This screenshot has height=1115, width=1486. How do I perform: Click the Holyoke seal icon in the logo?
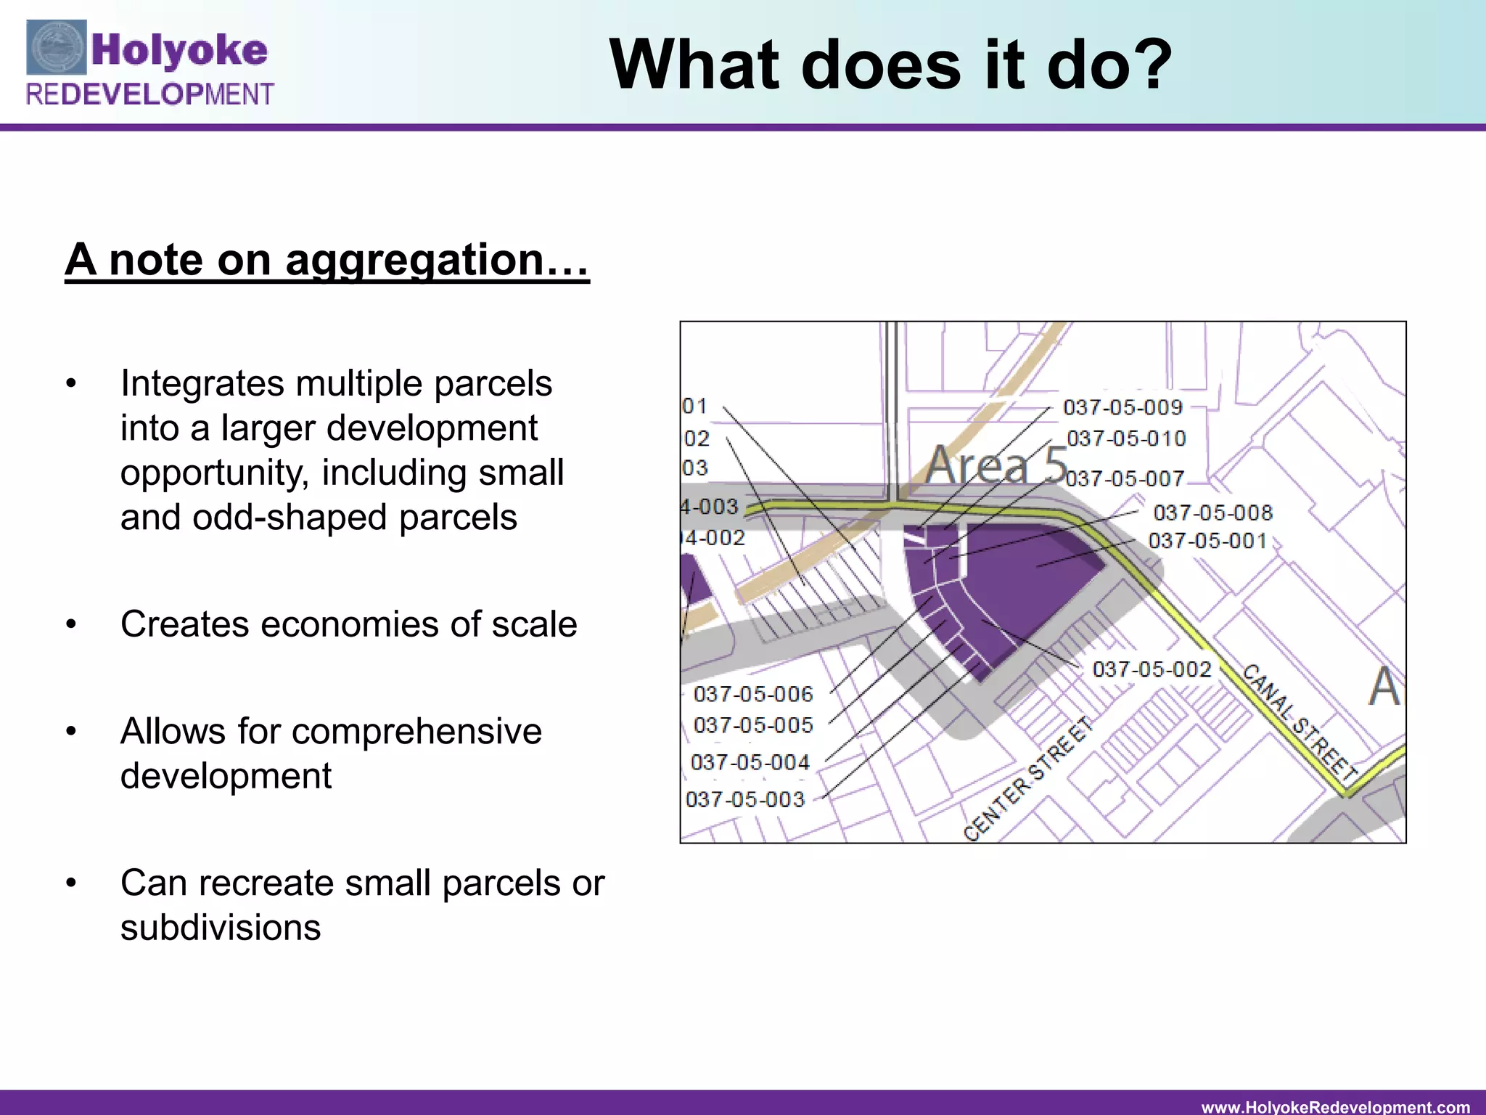tap(57, 48)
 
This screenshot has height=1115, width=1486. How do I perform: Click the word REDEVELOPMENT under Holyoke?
tap(149, 94)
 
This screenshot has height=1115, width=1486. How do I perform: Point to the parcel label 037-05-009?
tap(1122, 407)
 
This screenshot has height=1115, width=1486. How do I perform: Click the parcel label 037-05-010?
tap(1126, 438)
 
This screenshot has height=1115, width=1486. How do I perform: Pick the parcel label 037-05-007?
tap(1125, 478)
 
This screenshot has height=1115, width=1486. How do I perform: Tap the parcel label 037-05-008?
tap(1212, 513)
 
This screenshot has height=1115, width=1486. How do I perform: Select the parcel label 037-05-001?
tap(1207, 541)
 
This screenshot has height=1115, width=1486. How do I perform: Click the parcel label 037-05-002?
tap(1152, 669)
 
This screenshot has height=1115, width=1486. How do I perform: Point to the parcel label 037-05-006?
tap(753, 694)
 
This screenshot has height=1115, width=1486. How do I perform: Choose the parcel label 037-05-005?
tap(753, 724)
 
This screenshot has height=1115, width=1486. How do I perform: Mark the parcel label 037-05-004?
tap(750, 762)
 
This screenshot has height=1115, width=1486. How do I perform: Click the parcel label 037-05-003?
tap(745, 799)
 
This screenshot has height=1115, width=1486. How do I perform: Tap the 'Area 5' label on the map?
tap(996, 465)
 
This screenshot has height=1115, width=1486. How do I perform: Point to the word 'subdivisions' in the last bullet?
tap(221, 928)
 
